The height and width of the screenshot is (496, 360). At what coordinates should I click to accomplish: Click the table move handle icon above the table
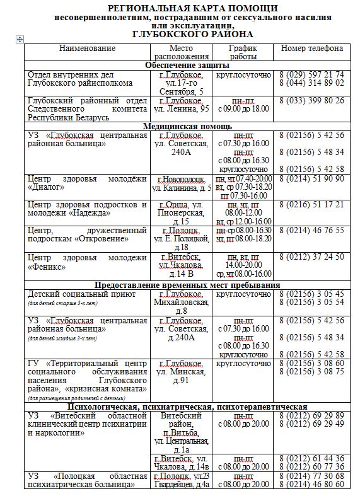(x=20, y=40)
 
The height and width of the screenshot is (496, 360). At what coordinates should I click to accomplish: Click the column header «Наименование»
(x=87, y=49)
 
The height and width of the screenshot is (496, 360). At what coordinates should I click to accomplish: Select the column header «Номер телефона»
(x=312, y=49)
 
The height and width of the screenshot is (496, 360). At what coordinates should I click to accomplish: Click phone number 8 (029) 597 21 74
(x=312, y=74)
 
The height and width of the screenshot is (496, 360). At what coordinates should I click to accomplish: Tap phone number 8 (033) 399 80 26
(x=312, y=100)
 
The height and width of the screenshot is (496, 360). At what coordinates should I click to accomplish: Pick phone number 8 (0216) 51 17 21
(x=312, y=204)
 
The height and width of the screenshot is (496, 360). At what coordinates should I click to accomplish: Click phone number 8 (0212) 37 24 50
(x=312, y=257)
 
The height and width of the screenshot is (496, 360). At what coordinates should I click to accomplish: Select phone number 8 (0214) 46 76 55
(x=312, y=231)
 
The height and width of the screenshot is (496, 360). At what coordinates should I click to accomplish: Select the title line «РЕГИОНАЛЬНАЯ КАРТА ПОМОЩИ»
(x=183, y=8)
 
